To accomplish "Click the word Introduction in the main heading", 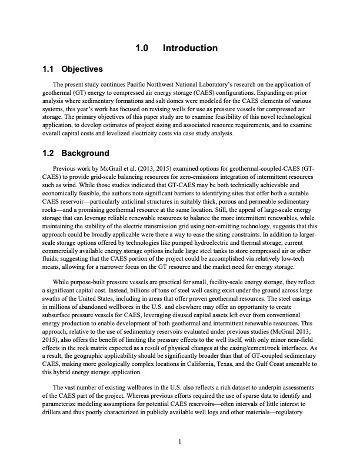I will pos(190,48).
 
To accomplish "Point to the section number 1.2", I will pos(49,154).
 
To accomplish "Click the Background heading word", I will pos(85,154).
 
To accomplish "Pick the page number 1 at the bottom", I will pos(180,441).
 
